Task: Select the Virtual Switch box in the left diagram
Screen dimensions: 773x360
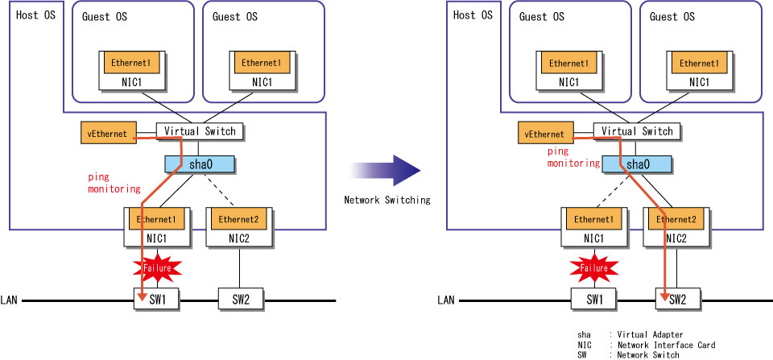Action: tap(200, 131)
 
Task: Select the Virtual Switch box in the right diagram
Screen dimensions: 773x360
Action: tap(636, 131)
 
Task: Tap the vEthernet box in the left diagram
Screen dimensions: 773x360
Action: tap(108, 134)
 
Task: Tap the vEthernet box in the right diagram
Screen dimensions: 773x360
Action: tap(545, 134)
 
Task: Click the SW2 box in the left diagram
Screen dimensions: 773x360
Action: tap(241, 300)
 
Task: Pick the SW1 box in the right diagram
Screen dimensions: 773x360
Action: tap(594, 300)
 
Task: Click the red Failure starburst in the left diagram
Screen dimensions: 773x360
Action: tap(157, 268)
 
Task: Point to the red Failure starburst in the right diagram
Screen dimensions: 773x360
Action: tap(594, 268)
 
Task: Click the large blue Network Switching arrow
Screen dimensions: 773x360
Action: tap(386, 170)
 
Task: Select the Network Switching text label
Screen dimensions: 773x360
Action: tap(387, 201)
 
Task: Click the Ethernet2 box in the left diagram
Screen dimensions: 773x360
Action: tap(239, 219)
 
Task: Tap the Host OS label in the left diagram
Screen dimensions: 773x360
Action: tap(36, 14)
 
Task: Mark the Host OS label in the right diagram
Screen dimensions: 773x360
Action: tap(473, 14)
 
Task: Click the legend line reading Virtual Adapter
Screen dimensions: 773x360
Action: tap(630, 335)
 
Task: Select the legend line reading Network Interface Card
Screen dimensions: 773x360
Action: tap(646, 345)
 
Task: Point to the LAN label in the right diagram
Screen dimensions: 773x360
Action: tap(445, 300)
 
